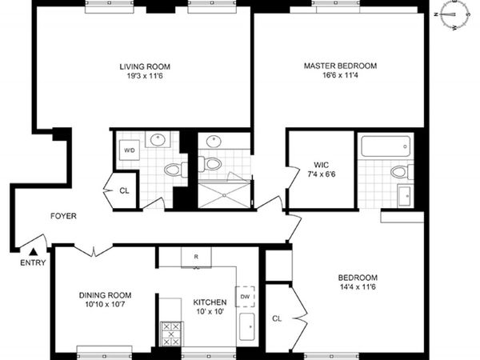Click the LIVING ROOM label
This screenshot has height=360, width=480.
[145, 66]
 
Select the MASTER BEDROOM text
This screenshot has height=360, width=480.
[339, 66]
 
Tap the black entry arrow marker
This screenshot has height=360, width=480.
[33, 251]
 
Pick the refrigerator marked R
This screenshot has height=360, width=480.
[195, 256]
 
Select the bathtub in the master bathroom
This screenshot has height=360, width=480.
[386, 146]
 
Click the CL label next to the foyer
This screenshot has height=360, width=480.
[124, 190]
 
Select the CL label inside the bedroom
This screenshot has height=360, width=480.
[278, 318]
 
